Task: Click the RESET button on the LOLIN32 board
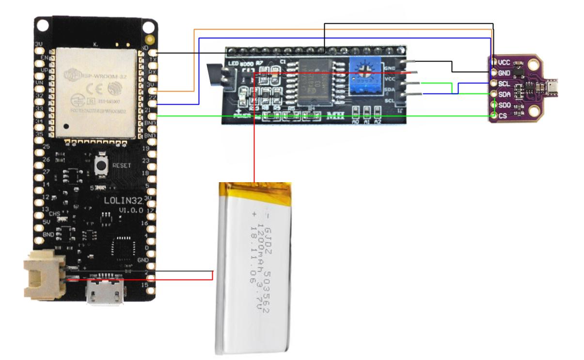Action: point(102,166)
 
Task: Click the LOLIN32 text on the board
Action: point(118,201)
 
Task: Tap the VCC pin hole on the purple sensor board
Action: point(493,62)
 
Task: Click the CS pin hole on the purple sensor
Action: point(493,115)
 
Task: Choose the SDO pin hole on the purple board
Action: point(493,105)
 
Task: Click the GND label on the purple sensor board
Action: point(504,73)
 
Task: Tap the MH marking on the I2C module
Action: point(336,116)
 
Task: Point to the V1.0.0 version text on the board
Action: point(130,210)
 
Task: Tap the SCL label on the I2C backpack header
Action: point(389,100)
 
